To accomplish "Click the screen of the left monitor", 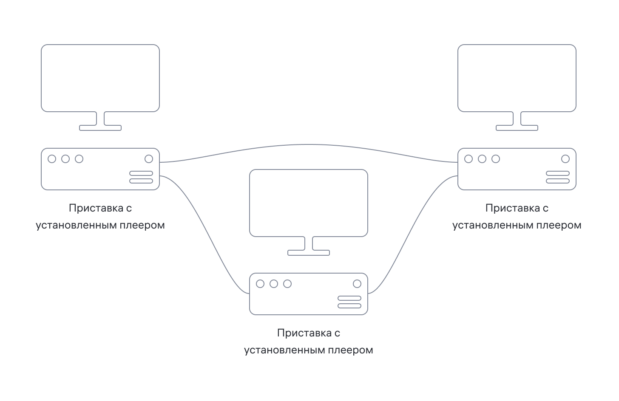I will pyautogui.click(x=100, y=78).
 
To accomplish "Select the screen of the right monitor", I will pyautogui.click(x=517, y=78).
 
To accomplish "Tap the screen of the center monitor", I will pyautogui.click(x=309, y=203).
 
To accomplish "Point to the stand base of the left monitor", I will pyautogui.click(x=100, y=127).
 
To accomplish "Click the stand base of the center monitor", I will pyautogui.click(x=309, y=252).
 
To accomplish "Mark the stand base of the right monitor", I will pyautogui.click(x=517, y=127).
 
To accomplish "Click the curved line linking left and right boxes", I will pyautogui.click(x=309, y=145).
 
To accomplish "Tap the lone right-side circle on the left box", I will pyautogui.click(x=149, y=159).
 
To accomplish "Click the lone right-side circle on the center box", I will pyautogui.click(x=357, y=284).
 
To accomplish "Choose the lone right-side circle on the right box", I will pyautogui.click(x=565, y=159).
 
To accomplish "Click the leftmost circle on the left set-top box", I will pyautogui.click(x=52, y=159).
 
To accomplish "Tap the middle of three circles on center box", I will pyautogui.click(x=274, y=284).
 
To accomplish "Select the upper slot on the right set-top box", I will pyautogui.click(x=558, y=173).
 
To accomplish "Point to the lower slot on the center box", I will pyautogui.click(x=349, y=306).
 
